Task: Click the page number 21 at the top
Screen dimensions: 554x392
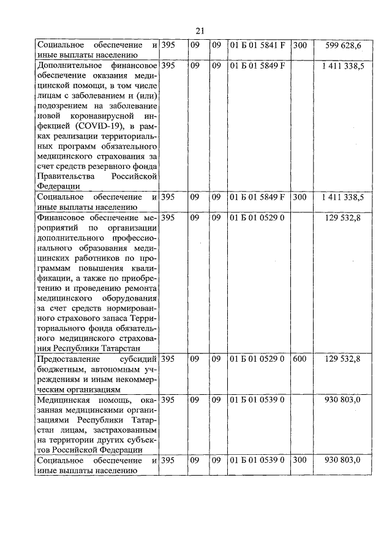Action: [x=200, y=31]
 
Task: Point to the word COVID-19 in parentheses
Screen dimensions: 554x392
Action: [x=113, y=125]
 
